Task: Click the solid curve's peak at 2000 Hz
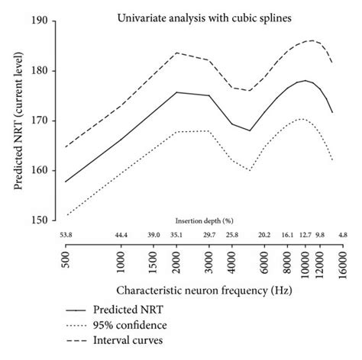pyautogui.click(x=176, y=92)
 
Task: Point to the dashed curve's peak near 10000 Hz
pyautogui.click(x=312, y=40)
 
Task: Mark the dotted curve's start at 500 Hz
pyautogui.click(x=66, y=215)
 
